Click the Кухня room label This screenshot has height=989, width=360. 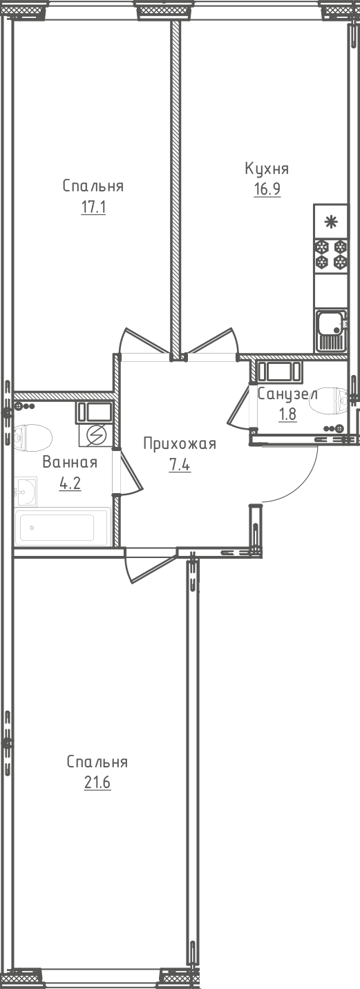pos(266,169)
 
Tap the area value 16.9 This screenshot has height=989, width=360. pos(266,189)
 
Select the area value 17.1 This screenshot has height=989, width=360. pos(93,207)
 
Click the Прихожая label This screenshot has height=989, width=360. pos(180,444)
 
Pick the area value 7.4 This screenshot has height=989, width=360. pos(180,464)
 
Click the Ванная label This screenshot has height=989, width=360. pos(69,463)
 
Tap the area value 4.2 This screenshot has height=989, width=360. pos(69,483)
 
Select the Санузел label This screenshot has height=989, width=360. pos(287,395)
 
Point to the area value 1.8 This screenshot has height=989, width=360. pos(287,415)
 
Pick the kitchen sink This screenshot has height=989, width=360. pos(331,331)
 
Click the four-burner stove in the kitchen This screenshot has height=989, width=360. pos(331,254)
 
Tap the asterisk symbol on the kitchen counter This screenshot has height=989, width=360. pos(331,222)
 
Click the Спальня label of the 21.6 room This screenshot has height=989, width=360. pos(97,762)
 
